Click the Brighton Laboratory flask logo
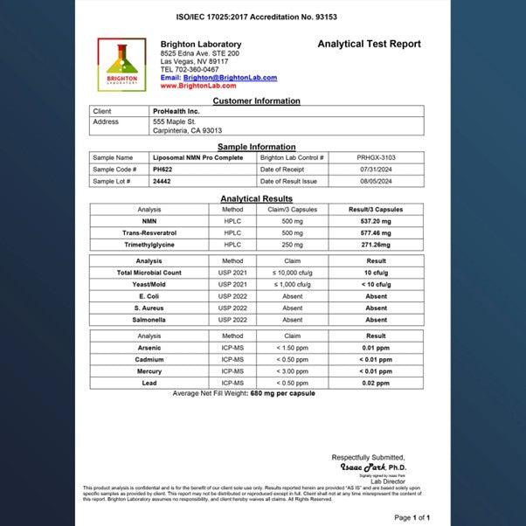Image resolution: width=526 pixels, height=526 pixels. tap(121, 63)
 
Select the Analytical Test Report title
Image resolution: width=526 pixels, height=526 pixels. tap(369, 44)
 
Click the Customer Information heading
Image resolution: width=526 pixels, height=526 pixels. tap(256, 100)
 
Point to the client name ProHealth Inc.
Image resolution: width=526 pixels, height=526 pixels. tap(175, 111)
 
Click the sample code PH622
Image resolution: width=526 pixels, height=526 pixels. tap(163, 169)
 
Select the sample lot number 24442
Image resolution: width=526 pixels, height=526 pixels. tap(161, 181)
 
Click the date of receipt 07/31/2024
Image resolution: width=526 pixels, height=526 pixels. tap(376, 169)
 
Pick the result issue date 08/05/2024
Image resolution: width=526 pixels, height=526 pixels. tap(376, 181)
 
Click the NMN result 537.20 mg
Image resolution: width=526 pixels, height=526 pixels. tap(376, 222)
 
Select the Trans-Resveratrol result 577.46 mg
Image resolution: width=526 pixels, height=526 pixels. tap(376, 234)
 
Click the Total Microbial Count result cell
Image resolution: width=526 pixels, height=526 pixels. tap(376, 273)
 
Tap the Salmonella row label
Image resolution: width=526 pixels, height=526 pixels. tap(149, 320)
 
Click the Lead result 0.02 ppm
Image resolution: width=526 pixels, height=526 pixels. tap(376, 383)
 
